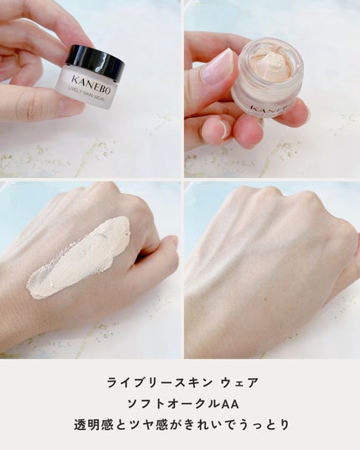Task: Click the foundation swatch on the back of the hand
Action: pos(80,256)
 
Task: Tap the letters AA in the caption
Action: pos(231,404)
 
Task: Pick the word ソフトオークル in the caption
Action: pos(174,404)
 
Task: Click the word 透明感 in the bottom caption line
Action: pos(90,425)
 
